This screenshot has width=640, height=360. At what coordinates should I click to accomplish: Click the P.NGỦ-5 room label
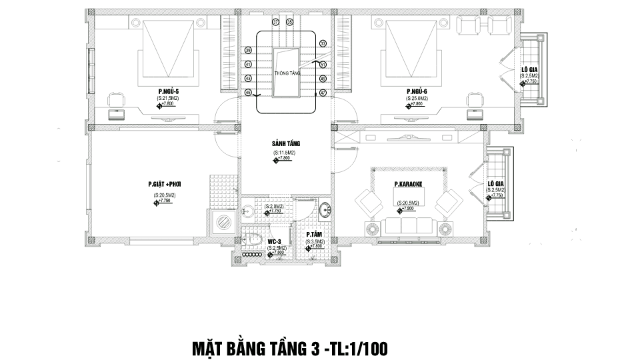click(x=167, y=91)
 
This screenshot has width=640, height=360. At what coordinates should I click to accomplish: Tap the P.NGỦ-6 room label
click(x=417, y=91)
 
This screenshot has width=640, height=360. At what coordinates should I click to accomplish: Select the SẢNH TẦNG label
click(x=286, y=144)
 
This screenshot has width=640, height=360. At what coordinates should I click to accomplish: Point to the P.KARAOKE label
click(x=409, y=184)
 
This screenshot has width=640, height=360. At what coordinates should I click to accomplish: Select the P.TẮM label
click(x=315, y=235)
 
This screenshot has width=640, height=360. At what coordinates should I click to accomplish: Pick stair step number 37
click(x=275, y=22)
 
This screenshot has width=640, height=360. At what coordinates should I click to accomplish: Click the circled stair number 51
click(x=323, y=65)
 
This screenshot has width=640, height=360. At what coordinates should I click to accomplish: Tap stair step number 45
click(x=248, y=92)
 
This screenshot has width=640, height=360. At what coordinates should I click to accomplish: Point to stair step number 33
click(x=323, y=43)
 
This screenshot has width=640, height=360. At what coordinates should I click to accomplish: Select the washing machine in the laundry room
click(x=224, y=222)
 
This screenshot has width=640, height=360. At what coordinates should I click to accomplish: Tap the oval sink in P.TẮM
click(x=325, y=209)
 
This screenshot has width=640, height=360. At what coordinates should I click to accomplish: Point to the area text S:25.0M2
click(x=417, y=99)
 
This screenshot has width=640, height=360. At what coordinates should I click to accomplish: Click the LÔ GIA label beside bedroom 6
click(x=529, y=69)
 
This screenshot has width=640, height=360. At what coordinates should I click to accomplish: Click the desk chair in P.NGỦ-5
click(x=116, y=101)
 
